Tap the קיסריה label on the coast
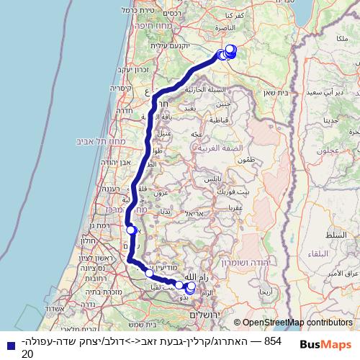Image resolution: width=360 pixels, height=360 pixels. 121,91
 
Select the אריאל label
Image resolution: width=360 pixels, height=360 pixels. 195,213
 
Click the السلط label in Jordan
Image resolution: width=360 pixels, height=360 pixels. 335,236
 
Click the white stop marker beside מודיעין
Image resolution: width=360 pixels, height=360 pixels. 149,273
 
